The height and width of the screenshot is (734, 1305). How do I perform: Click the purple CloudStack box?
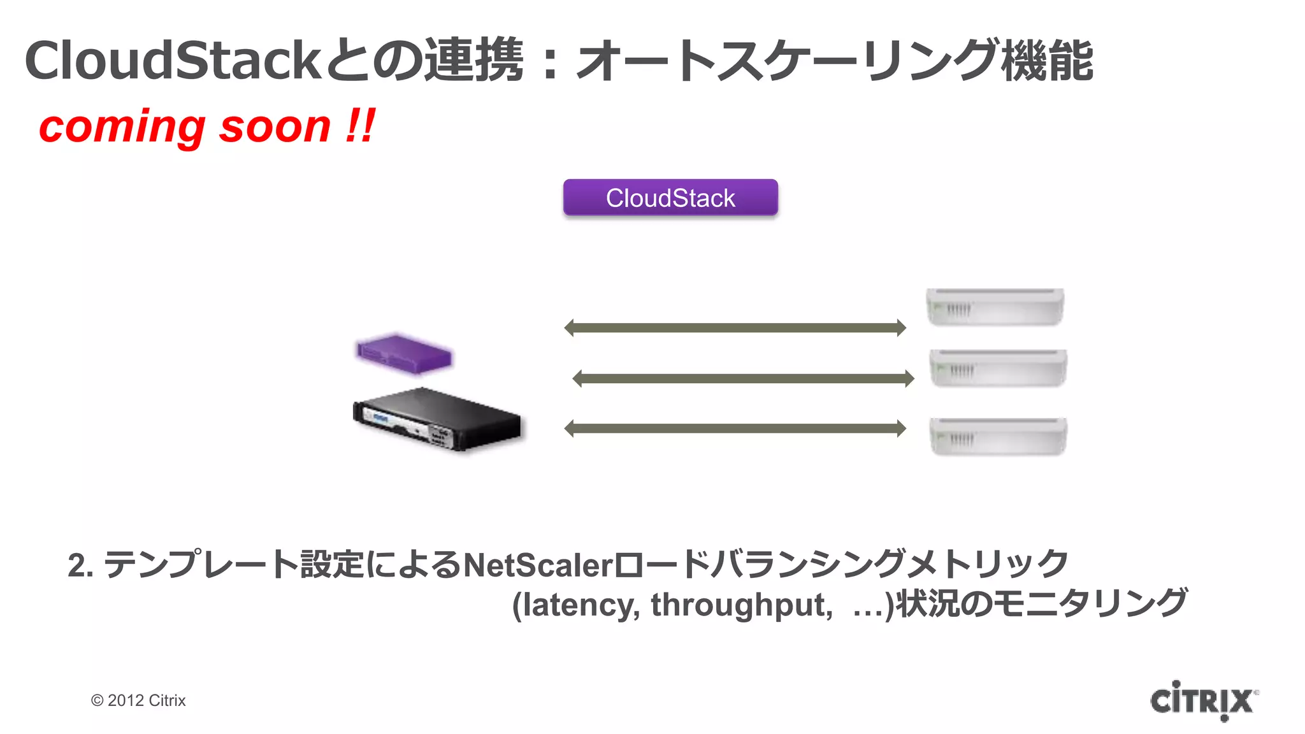pyautogui.click(x=670, y=198)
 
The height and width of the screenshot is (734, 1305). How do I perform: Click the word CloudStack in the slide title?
pyautogui.click(x=172, y=61)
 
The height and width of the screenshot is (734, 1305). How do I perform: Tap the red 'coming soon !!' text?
pyautogui.click(x=207, y=126)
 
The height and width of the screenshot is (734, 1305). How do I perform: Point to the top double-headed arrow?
pyautogui.click(x=735, y=327)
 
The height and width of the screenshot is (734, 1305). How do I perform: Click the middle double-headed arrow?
pyautogui.click(x=743, y=378)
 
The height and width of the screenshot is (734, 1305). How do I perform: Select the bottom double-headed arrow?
pyautogui.click(x=735, y=428)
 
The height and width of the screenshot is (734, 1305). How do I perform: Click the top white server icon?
pyautogui.click(x=995, y=307)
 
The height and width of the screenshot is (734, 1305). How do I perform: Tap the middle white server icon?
pyautogui.click(x=998, y=368)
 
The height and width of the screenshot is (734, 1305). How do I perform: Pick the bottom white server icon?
pyautogui.click(x=998, y=436)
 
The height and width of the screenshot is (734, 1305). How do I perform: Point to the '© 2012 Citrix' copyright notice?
pyautogui.click(x=138, y=700)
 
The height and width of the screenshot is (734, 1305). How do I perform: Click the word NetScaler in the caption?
pyautogui.click(x=538, y=565)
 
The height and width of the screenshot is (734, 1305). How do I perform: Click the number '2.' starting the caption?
pyautogui.click(x=80, y=565)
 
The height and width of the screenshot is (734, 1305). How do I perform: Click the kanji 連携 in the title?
pyautogui.click(x=474, y=61)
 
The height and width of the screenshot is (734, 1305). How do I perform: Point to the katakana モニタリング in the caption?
pyautogui.click(x=1090, y=603)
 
